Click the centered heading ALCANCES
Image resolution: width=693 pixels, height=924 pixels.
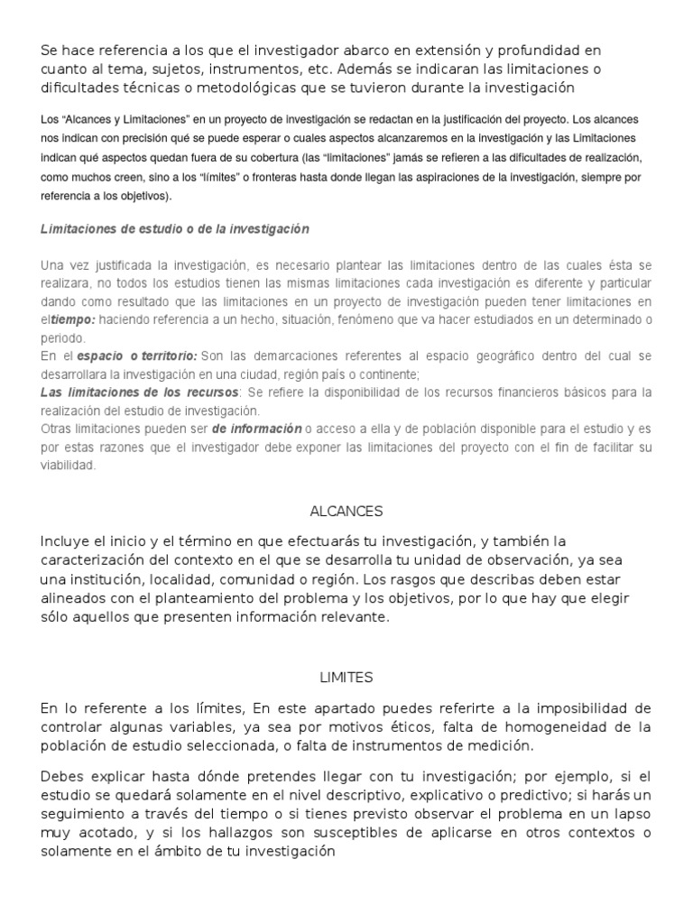346,511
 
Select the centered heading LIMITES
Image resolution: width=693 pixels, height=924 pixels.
346,677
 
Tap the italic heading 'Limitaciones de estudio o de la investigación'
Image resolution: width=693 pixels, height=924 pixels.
175,229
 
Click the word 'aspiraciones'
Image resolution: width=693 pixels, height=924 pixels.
443,178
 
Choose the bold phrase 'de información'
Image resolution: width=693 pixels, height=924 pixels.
257,429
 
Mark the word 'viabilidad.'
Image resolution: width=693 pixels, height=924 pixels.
68,465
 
